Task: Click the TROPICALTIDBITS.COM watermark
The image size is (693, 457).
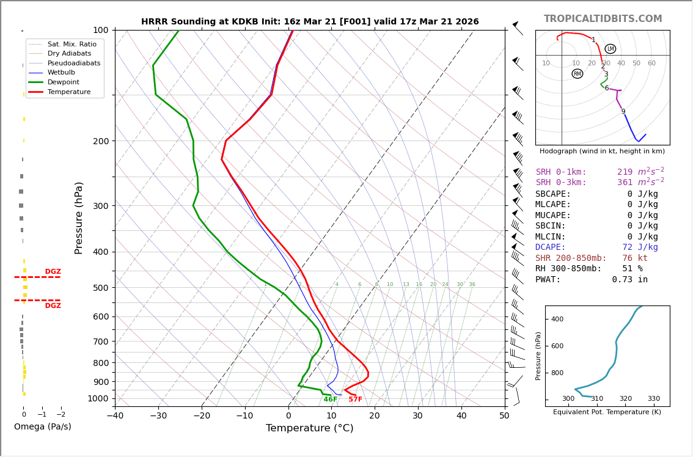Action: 603,19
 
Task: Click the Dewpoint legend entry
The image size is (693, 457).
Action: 63,82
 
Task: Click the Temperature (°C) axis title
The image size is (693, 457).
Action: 309,428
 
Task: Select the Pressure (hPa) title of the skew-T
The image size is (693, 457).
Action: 79,218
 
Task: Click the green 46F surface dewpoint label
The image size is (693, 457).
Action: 330,400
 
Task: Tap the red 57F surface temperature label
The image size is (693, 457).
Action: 355,400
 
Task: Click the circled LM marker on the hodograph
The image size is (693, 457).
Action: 610,49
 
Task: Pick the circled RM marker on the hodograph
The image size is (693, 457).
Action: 577,74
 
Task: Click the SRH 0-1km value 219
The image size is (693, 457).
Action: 625,172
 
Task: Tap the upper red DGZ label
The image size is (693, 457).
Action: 53,272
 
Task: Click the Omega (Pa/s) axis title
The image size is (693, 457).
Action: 42,427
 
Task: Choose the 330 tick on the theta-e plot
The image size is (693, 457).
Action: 653,399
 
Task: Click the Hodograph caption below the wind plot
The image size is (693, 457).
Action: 602,151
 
